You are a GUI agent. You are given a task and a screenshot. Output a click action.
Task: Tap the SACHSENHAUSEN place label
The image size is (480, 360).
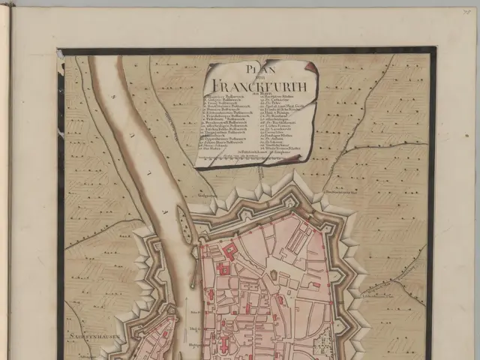click(x=88, y=331)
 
